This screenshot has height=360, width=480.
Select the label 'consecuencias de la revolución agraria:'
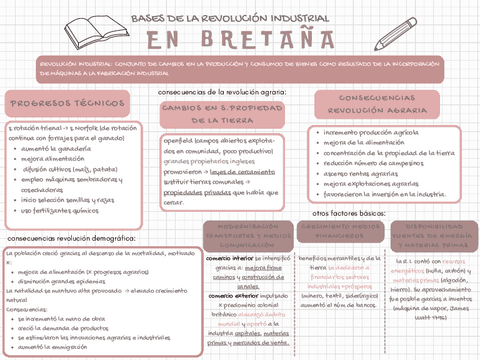[x=217, y=90]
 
